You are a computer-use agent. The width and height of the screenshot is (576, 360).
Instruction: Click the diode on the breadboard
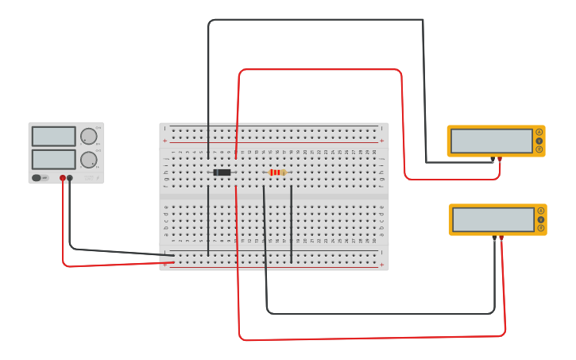222,172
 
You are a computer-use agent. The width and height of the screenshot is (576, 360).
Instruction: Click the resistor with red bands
276,172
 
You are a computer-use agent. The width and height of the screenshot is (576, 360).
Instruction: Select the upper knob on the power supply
88,136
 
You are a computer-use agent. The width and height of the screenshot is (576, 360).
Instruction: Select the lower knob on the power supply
88,160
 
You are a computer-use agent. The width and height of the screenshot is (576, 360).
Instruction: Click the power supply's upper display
53,136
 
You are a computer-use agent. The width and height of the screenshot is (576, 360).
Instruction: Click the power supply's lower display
53,159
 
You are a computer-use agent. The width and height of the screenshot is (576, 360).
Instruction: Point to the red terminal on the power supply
63,178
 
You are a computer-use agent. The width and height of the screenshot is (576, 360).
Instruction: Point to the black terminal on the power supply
70,178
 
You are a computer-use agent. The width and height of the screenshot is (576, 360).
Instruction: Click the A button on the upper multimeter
539,132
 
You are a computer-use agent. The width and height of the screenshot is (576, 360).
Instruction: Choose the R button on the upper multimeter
539,149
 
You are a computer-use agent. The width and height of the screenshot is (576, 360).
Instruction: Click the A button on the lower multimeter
541,211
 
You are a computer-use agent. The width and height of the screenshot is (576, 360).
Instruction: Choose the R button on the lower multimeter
541,228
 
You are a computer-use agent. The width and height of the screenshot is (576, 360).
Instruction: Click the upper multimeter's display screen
491,141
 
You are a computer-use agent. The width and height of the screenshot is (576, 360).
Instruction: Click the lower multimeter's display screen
493,219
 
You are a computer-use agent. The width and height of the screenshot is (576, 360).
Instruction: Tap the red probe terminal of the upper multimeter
500,160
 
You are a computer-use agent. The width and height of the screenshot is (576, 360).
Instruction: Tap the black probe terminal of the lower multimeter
494,238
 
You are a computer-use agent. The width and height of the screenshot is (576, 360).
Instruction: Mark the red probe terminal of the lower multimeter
501,238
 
